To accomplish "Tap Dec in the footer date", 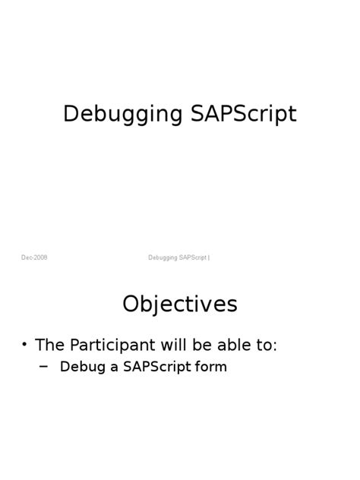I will [x=27, y=257].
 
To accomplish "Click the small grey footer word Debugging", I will [x=163, y=257].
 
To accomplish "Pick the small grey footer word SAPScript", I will [x=194, y=257].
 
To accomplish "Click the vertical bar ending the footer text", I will [x=209, y=257].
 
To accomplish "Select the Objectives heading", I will [x=180, y=305].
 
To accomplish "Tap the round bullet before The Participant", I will [x=25, y=345].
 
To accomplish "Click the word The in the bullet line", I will [x=49, y=345].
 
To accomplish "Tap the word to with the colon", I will [x=267, y=346].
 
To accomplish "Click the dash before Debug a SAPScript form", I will [x=43, y=365].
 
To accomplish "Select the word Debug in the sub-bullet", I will [x=79, y=368].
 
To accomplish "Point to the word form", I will [x=212, y=368].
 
